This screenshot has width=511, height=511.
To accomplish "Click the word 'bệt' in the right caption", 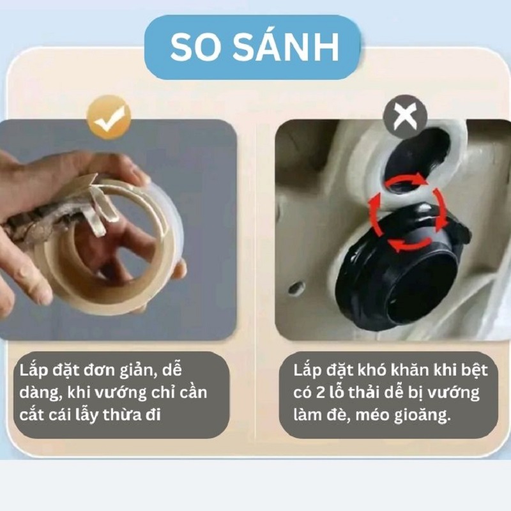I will tap(473, 369).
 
